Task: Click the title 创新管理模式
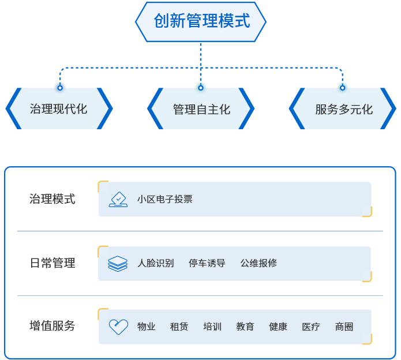click(201, 21)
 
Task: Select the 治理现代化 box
click(59, 108)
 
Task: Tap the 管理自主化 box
click(201, 109)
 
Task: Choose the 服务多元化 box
click(343, 109)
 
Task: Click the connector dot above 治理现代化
click(60, 87)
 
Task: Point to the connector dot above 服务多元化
click(343, 87)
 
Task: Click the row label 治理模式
click(53, 200)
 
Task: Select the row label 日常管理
click(53, 263)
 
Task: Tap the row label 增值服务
click(53, 326)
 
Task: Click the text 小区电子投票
click(165, 200)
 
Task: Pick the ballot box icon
click(118, 200)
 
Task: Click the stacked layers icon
click(118, 264)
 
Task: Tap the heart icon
click(118, 327)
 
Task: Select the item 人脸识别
click(155, 264)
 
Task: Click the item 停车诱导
click(207, 264)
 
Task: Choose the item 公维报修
click(258, 264)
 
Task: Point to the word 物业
click(147, 327)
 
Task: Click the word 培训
click(212, 327)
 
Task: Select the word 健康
click(278, 327)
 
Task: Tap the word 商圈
click(344, 327)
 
